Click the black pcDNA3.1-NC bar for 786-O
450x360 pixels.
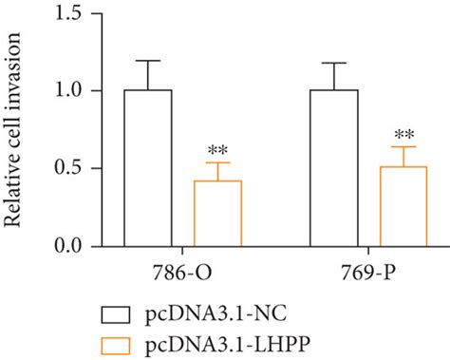pos(147,168)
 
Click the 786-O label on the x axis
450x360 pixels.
pos(183,272)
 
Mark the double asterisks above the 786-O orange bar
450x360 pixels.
pos(218,150)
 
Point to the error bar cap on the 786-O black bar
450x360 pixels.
pos(147,61)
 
